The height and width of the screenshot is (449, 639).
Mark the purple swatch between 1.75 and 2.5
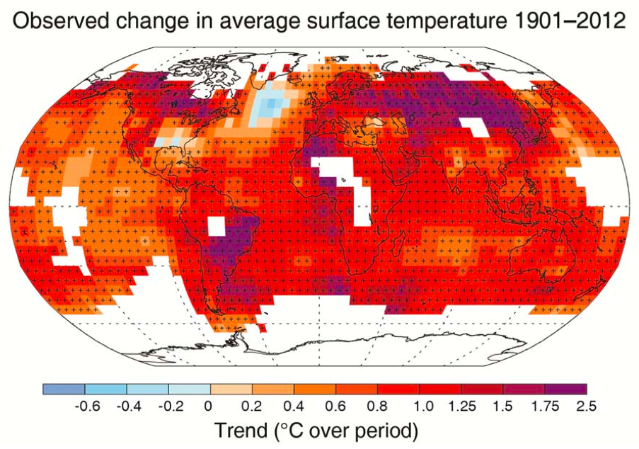tap(565, 389)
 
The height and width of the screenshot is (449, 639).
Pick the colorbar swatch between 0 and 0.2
tap(231, 389)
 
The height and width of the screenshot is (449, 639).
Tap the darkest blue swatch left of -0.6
tap(64, 389)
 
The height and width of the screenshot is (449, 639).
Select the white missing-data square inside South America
tap(216, 226)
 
